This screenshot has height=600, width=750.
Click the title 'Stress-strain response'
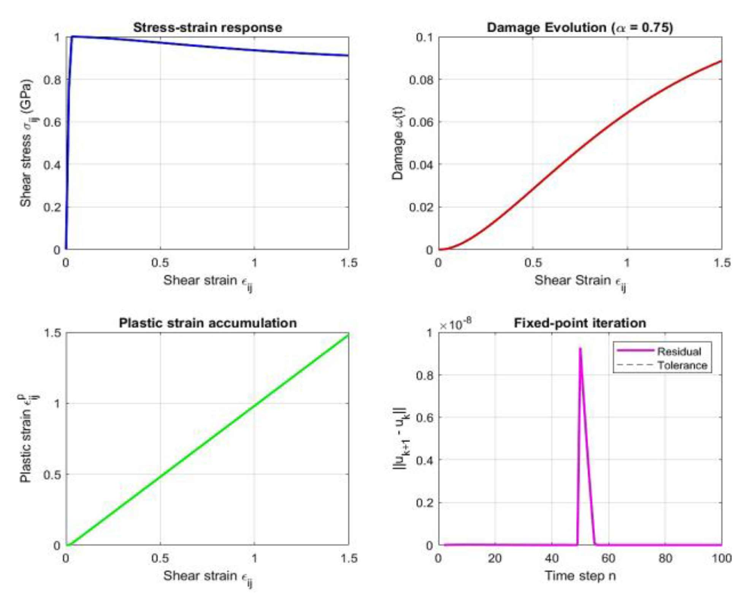coord(208,27)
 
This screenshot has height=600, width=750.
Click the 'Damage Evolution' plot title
coord(580,27)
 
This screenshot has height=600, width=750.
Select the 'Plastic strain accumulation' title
coord(208,323)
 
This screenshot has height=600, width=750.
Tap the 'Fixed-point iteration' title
coord(580,323)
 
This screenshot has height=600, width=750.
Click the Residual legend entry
coord(679,351)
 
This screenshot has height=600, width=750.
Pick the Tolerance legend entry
coord(682,365)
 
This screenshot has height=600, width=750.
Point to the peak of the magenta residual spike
coord(580,348)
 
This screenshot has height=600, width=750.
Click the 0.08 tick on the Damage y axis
coord(421,80)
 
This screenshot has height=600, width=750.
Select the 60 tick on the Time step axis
coord(608,558)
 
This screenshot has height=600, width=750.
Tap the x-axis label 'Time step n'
coord(580,576)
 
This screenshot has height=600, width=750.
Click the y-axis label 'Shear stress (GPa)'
coord(27,143)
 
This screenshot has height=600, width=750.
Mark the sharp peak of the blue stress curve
coord(72,36)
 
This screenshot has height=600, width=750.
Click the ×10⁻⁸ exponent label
coord(455,325)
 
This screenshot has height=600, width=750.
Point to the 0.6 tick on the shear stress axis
coord(52,122)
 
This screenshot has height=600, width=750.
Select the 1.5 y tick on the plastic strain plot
coord(52,333)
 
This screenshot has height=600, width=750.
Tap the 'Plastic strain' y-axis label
coord(27,439)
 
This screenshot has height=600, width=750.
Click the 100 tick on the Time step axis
coord(721,558)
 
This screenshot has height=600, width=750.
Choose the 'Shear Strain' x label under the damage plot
coord(580,281)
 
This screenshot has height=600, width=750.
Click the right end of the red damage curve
coord(721,61)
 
